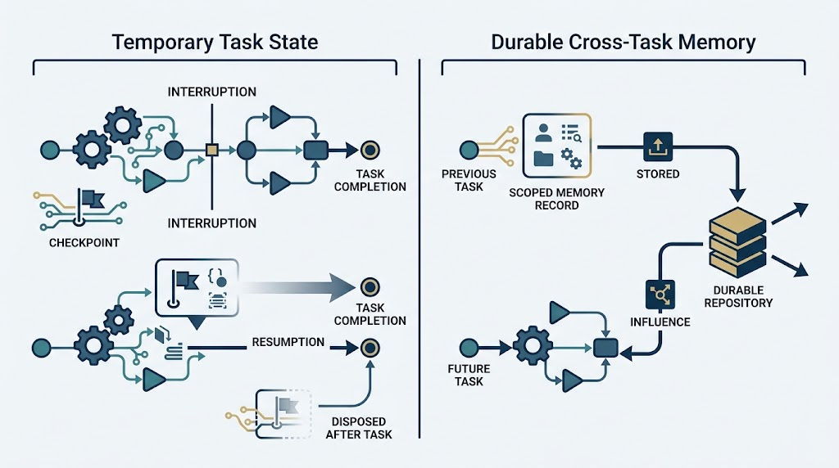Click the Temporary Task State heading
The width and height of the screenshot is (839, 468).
(215, 42)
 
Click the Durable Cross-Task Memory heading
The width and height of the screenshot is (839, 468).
(624, 42)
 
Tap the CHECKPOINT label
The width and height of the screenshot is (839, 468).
(84, 242)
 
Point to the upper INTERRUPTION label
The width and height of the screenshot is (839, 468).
(212, 92)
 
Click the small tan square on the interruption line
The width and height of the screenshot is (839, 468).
(212, 150)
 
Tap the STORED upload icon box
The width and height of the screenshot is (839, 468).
(658, 146)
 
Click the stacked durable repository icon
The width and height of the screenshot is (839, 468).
(737, 242)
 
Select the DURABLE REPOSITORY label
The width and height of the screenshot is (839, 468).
(738, 296)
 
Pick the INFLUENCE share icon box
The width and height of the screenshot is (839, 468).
(660, 295)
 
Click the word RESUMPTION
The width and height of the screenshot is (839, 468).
(288, 342)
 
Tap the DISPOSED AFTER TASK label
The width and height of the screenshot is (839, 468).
(359, 428)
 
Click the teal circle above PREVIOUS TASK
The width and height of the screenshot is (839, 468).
(469, 150)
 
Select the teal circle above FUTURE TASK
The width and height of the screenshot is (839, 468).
(469, 349)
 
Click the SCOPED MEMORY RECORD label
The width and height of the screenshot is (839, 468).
(556, 199)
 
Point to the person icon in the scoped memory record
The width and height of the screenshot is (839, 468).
(543, 133)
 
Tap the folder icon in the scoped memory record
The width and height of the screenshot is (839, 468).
(544, 159)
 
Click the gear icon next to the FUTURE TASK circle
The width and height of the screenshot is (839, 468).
(532, 345)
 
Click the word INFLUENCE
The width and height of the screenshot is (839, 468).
(660, 322)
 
